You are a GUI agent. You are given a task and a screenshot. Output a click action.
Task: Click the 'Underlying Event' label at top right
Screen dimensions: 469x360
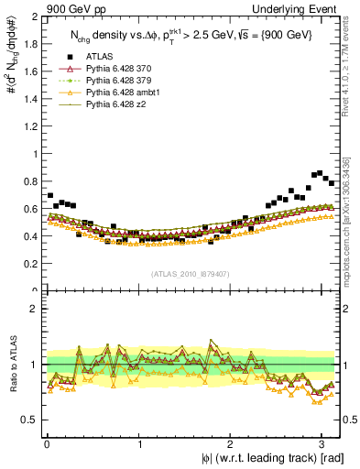click(x=302, y=8)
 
